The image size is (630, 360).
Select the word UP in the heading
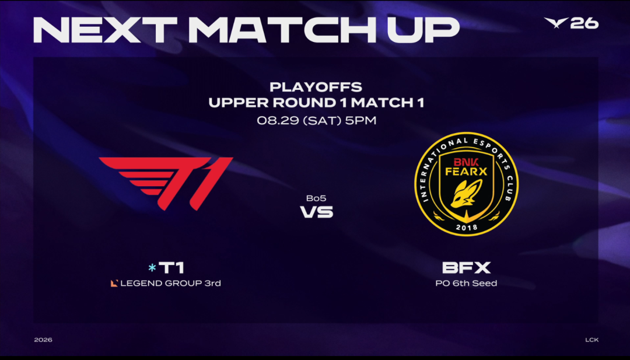click(423, 30)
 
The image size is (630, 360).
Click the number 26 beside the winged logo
click(584, 23)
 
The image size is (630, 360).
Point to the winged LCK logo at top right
click(556, 23)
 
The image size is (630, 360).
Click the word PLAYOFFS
click(316, 87)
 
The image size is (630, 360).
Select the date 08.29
click(278, 121)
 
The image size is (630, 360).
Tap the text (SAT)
click(321, 121)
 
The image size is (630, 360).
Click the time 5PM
click(361, 121)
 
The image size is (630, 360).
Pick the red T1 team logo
click(166, 183)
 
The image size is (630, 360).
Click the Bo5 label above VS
click(316, 198)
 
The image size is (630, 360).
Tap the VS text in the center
click(317, 212)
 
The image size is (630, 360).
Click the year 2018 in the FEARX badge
click(467, 228)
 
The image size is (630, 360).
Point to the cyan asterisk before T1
click(152, 268)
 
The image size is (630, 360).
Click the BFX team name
click(467, 268)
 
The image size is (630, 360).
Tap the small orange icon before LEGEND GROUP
click(114, 283)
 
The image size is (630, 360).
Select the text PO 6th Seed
click(466, 283)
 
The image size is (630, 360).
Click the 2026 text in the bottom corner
click(43, 340)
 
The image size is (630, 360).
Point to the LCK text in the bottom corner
click(592, 340)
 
